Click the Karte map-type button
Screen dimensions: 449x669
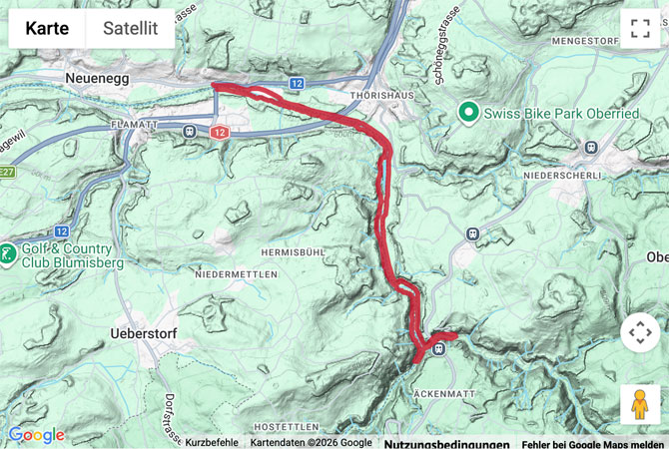[x=47, y=29]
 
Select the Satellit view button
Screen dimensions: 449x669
[x=130, y=29]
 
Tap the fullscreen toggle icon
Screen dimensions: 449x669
[x=640, y=29]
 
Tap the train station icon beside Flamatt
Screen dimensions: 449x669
[x=189, y=130]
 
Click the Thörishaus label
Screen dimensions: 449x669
[x=375, y=95]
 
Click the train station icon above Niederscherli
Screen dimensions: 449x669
[x=590, y=147]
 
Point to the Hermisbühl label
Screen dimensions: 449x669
[x=293, y=252]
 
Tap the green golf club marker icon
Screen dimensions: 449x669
[x=8, y=253]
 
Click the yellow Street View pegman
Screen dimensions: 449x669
[x=640, y=404]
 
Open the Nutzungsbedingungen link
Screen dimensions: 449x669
[x=446, y=443]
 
